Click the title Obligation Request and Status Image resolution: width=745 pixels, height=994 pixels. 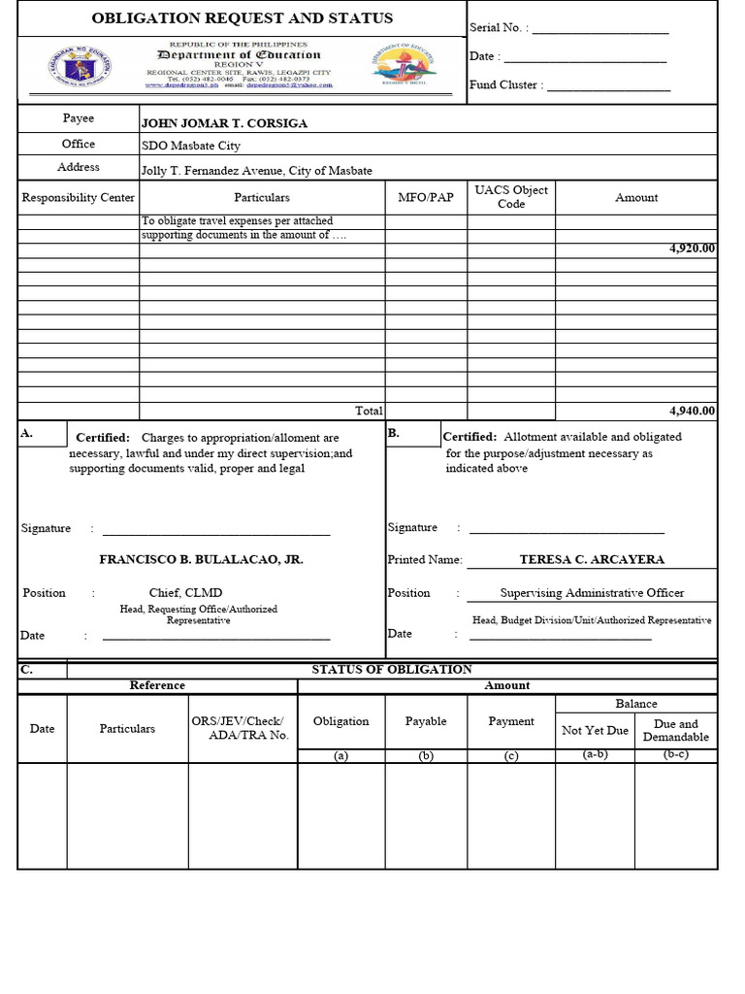(242, 18)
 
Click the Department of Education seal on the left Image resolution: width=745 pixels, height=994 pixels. (80, 68)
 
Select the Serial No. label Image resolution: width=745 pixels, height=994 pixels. (499, 29)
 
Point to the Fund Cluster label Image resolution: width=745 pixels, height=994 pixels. (503, 85)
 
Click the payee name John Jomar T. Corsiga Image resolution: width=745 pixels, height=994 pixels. (224, 123)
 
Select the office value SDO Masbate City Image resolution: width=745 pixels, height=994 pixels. (190, 146)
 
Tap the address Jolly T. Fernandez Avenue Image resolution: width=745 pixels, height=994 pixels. (256, 171)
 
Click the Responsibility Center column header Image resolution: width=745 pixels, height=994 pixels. (79, 198)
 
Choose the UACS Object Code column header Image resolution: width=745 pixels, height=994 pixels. (511, 197)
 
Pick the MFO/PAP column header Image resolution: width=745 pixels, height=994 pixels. (426, 198)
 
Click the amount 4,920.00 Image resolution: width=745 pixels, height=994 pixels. (692, 248)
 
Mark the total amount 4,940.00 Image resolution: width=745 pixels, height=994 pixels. (692, 411)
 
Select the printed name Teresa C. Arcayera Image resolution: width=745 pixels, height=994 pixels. (592, 560)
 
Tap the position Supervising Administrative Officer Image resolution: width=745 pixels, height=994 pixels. (592, 593)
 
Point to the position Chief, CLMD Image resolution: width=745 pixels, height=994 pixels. (185, 593)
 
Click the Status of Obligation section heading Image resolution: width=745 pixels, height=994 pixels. (391, 670)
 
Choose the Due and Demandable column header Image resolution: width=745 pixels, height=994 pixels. (675, 731)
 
